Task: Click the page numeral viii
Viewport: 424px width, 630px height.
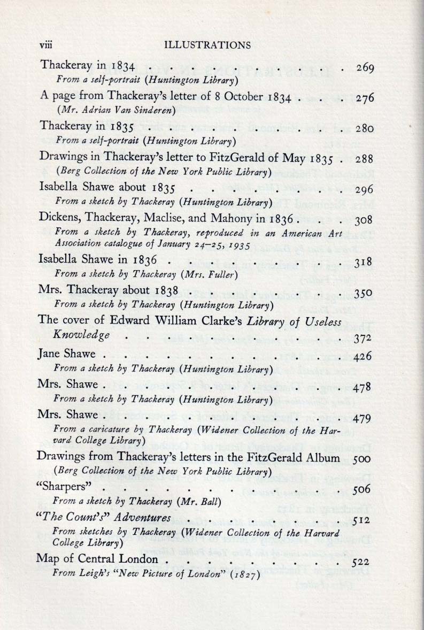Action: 48,45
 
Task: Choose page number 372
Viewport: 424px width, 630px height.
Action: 363,337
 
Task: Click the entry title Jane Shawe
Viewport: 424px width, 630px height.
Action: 66,354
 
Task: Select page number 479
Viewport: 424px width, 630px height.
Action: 363,417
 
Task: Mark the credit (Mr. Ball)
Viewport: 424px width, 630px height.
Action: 199,501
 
